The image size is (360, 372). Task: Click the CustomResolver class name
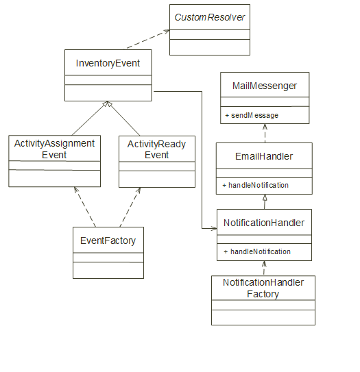pos(210,16)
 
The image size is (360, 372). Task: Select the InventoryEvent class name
pos(108,64)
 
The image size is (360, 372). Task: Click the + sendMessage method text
pos(252,116)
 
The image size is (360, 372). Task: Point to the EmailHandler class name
pos(264,156)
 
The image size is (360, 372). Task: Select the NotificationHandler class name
pos(264,223)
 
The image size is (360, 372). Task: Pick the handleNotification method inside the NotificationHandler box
pos(257,251)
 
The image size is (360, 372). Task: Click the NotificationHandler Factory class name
pos(263,288)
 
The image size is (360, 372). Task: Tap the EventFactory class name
pos(108,240)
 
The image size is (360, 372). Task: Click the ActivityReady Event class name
pos(157,149)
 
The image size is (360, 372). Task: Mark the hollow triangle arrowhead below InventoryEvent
pos(106,105)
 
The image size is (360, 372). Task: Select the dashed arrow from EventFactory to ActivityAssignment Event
pos(86,207)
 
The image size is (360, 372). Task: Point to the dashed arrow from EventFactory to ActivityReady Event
pos(131,207)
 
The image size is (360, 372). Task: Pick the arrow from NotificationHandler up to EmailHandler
pos(264,201)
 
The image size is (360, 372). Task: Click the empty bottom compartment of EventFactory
pos(108,270)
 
